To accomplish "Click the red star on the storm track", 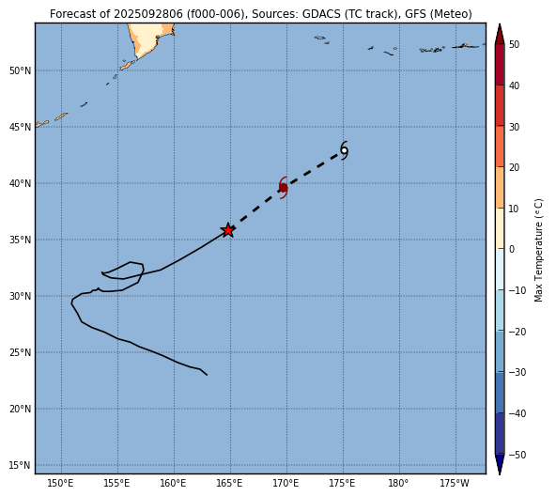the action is click(x=228, y=230).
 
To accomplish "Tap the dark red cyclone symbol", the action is click(x=284, y=187).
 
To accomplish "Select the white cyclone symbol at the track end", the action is click(x=344, y=150).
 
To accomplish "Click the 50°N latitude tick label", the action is click(x=21, y=71).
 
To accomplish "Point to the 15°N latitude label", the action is click(x=21, y=465).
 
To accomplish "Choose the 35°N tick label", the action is click(x=21, y=240).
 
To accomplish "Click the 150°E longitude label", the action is click(x=61, y=483).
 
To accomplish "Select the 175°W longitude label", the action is click(x=455, y=483).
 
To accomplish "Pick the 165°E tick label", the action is click(x=230, y=483).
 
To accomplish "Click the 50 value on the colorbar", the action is click(x=514, y=45).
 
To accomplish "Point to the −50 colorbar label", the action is click(x=517, y=455).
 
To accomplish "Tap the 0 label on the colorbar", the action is click(x=512, y=250).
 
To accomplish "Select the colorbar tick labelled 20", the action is click(x=514, y=167).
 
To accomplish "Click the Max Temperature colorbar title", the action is click(x=539, y=250).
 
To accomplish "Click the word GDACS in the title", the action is click(x=317, y=14).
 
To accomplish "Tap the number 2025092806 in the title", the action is click(x=148, y=14).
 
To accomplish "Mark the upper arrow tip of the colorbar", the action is click(x=500, y=24).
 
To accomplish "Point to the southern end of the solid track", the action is click(x=207, y=375).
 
